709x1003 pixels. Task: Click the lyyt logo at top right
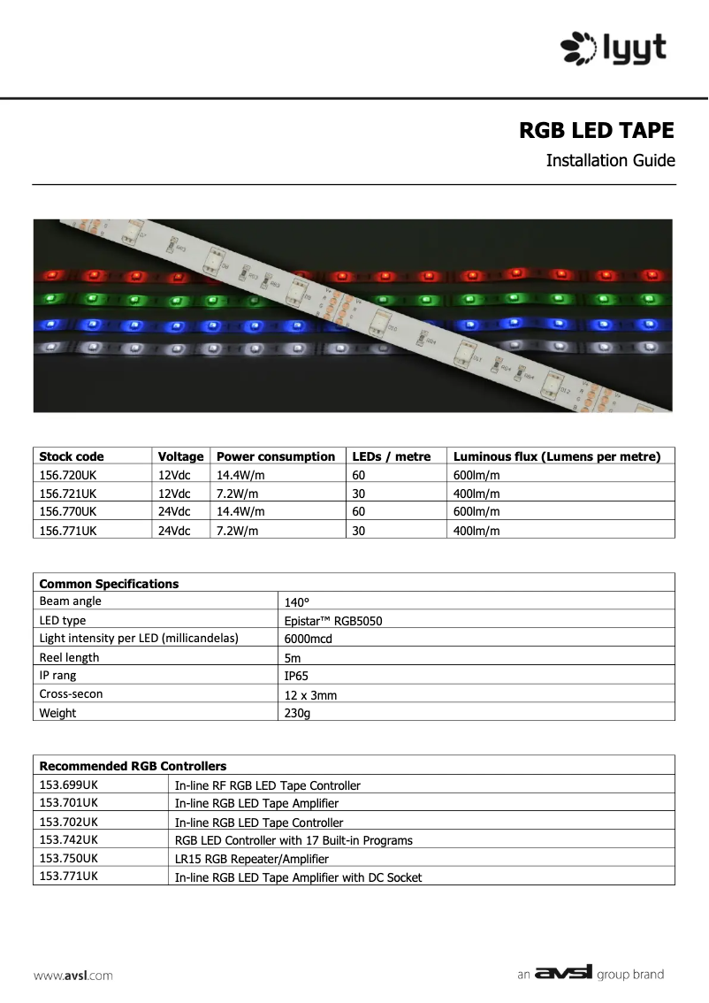(x=614, y=48)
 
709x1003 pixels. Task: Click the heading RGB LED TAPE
(x=596, y=131)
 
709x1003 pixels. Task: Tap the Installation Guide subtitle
(x=610, y=161)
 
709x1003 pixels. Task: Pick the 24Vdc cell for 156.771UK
(x=174, y=531)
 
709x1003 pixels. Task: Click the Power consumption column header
(x=276, y=456)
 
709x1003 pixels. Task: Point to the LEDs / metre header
(x=392, y=456)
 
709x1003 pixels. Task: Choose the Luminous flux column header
(x=557, y=456)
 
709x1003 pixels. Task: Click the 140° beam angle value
(x=297, y=601)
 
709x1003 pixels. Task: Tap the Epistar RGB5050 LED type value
(x=333, y=621)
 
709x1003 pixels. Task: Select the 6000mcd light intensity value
(x=309, y=639)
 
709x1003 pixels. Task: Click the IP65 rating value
(x=296, y=676)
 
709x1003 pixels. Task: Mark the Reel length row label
(x=70, y=657)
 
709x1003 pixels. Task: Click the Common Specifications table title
(x=109, y=584)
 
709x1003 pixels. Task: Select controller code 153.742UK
(x=69, y=839)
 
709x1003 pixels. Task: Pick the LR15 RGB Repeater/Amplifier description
(x=251, y=859)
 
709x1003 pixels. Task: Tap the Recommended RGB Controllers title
(x=133, y=766)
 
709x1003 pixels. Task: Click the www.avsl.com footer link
(x=73, y=976)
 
